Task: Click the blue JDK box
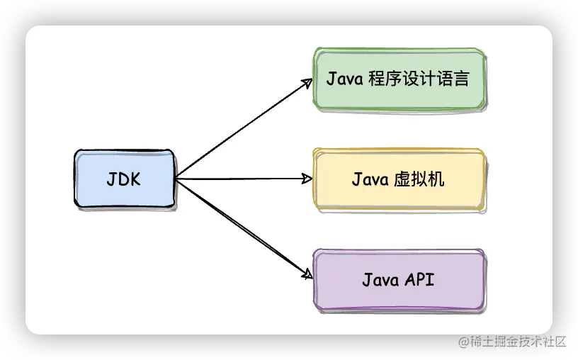124,179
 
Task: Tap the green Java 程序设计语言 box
399,79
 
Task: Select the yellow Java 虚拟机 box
399,179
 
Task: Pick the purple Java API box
399,280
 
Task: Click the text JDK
124,179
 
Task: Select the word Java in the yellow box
369,179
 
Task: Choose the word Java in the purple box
380,280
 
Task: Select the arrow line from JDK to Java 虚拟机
241,179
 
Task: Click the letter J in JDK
111,179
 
